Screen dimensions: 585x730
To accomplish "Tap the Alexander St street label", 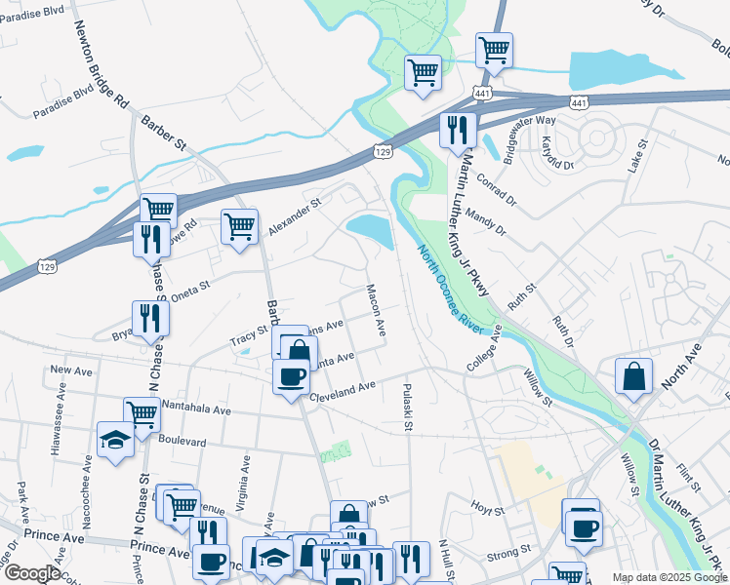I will [294, 217].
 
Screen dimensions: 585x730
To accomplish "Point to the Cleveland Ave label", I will [343, 389].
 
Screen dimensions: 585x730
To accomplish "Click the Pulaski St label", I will [408, 408].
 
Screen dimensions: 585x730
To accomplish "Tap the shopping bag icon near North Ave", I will [633, 375].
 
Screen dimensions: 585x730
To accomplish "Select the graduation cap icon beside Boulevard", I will [115, 439].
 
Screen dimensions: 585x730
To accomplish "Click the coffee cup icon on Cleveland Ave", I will [292, 376].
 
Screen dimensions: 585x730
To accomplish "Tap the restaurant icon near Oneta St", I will [150, 317].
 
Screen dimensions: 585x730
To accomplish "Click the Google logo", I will [32, 573].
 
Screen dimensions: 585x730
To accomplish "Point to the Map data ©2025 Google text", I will [669, 577].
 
